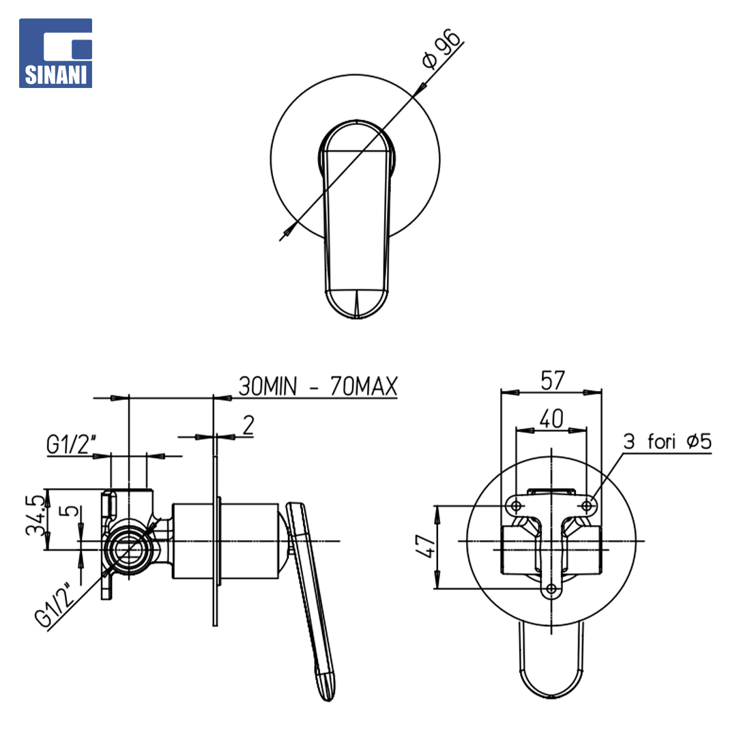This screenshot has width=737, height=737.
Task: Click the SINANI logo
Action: pyautogui.click(x=55, y=53)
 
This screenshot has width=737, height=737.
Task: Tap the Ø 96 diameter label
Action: pyautogui.click(x=441, y=48)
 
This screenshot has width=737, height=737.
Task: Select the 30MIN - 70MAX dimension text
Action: pyautogui.click(x=318, y=386)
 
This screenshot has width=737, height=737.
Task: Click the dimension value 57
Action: pyautogui.click(x=552, y=380)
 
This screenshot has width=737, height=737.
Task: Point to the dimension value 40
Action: pyautogui.click(x=551, y=418)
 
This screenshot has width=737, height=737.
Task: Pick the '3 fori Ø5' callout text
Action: pyautogui.click(x=667, y=442)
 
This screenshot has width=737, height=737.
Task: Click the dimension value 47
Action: pyautogui.click(x=426, y=545)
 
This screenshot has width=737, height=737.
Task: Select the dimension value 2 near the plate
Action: pyautogui.click(x=248, y=424)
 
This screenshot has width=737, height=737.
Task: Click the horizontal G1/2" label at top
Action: pyautogui.click(x=71, y=444)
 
